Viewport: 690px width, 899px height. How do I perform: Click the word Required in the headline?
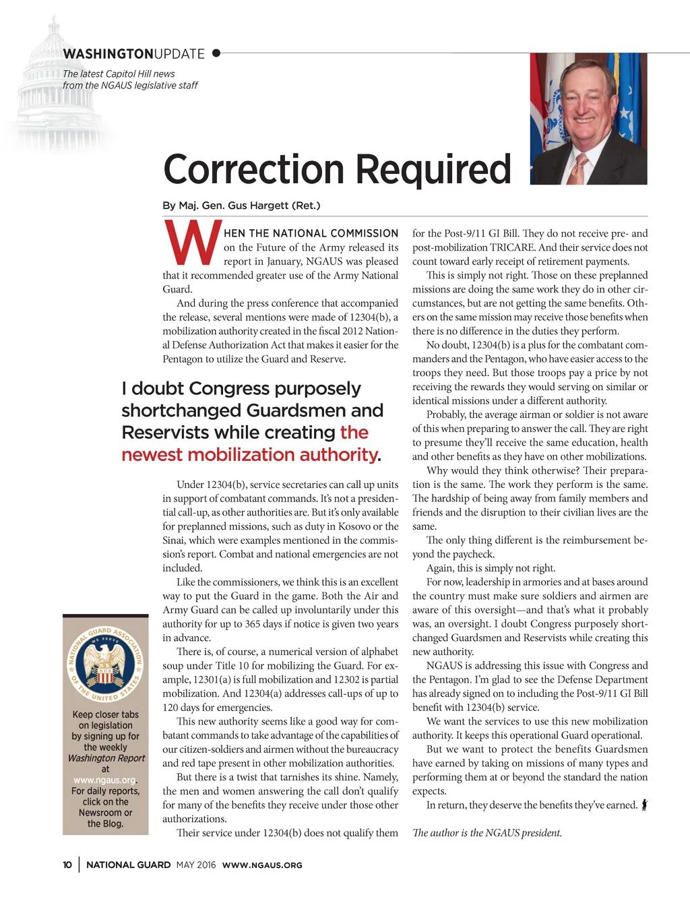coord(433,169)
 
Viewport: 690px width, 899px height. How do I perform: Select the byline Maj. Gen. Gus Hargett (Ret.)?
coord(241,206)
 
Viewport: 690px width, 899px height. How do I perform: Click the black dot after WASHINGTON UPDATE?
coord(216,53)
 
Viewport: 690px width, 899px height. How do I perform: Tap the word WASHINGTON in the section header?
coord(108,54)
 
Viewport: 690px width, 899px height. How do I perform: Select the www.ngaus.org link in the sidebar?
coord(104,780)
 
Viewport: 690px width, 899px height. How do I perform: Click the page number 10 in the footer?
coord(67,865)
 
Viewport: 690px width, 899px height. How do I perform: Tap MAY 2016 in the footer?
coord(196,865)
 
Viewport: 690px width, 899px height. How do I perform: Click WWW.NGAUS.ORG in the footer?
coord(262,865)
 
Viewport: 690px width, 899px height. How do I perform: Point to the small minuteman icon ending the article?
coord(645,805)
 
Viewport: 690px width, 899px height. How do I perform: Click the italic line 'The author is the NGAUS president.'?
coord(487,833)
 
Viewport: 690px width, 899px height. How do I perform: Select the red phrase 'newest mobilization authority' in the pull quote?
coord(249,455)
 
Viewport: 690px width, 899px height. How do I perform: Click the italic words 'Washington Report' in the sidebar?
coord(106,758)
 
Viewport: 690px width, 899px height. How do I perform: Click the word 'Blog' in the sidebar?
coord(113,824)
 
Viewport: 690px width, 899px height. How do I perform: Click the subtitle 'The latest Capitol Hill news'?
coord(119,74)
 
